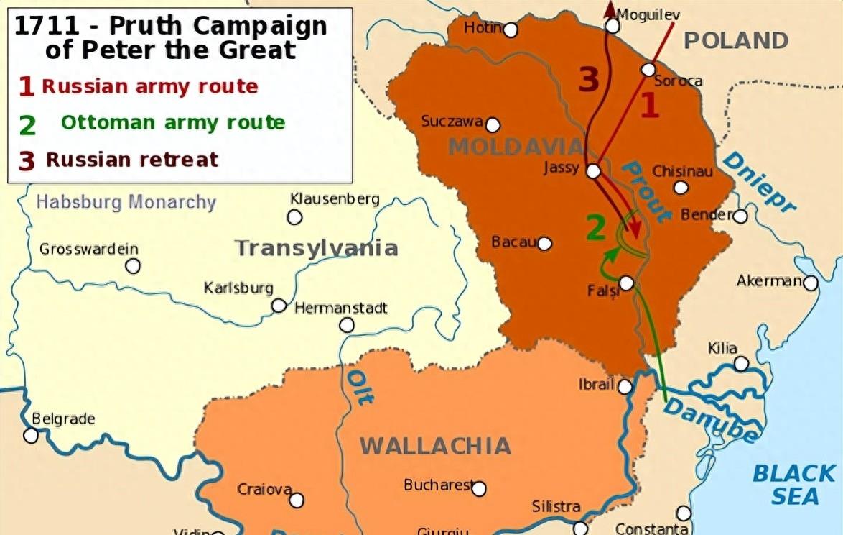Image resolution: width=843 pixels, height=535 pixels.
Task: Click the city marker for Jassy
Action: click(593, 171)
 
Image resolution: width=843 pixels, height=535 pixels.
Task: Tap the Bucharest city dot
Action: click(479, 489)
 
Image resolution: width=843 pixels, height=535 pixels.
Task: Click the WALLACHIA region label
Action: click(435, 446)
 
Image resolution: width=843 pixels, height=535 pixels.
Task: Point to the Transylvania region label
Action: click(316, 248)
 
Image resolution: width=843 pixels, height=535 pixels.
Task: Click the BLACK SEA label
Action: click(794, 484)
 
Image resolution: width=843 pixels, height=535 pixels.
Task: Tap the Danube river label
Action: click(710, 421)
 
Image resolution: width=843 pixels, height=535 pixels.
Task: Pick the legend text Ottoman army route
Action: click(172, 123)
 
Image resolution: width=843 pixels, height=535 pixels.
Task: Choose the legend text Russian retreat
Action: click(132, 159)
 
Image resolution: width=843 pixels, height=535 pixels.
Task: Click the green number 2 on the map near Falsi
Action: click(596, 227)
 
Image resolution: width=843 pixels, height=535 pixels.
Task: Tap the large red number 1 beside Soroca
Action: click(649, 106)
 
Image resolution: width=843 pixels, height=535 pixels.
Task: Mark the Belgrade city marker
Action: click(31, 435)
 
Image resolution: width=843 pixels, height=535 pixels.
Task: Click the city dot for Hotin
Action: click(511, 29)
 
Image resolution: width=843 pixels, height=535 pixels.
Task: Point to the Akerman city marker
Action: click(811, 283)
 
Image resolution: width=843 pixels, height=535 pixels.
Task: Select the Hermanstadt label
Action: click(341, 308)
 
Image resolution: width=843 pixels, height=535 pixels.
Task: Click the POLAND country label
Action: click(735, 40)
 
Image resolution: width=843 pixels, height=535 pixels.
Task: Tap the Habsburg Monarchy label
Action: click(126, 201)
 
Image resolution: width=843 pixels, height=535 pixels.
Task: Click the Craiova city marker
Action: click(297, 500)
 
